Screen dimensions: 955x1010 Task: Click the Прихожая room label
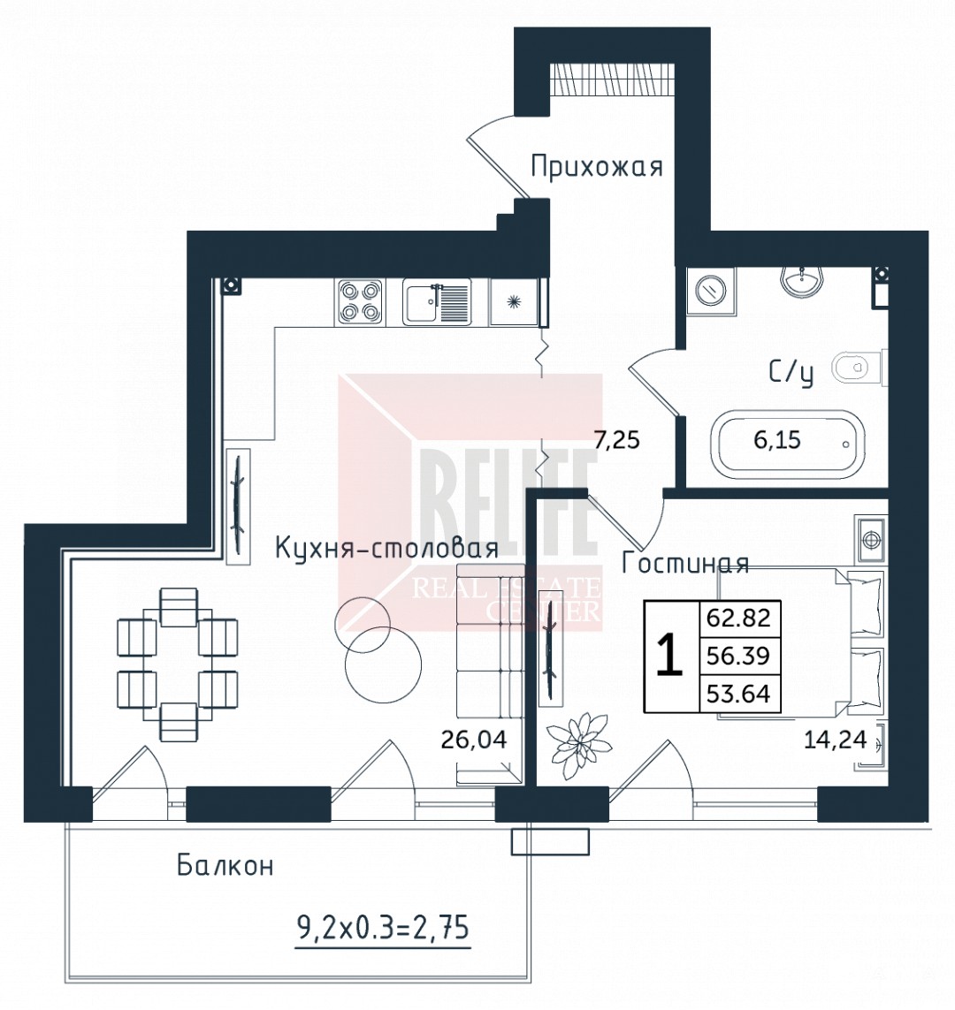click(x=597, y=167)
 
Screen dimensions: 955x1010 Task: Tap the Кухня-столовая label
click(x=386, y=548)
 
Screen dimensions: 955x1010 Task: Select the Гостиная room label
click(x=685, y=563)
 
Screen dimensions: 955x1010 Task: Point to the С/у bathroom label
click(x=791, y=373)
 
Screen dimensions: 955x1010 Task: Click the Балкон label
click(x=225, y=865)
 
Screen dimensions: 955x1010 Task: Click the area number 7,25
click(x=616, y=440)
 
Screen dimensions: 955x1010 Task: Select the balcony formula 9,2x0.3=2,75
click(x=383, y=928)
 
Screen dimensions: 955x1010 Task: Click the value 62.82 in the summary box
click(x=738, y=618)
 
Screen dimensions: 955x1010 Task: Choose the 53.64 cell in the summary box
click(x=738, y=693)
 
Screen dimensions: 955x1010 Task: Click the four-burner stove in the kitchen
click(x=359, y=302)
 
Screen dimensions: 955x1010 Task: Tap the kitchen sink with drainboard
click(x=437, y=302)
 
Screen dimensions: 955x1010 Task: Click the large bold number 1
click(x=668, y=654)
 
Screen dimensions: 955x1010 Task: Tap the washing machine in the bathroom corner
click(x=711, y=291)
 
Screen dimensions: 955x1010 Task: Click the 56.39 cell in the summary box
click(x=738, y=656)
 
